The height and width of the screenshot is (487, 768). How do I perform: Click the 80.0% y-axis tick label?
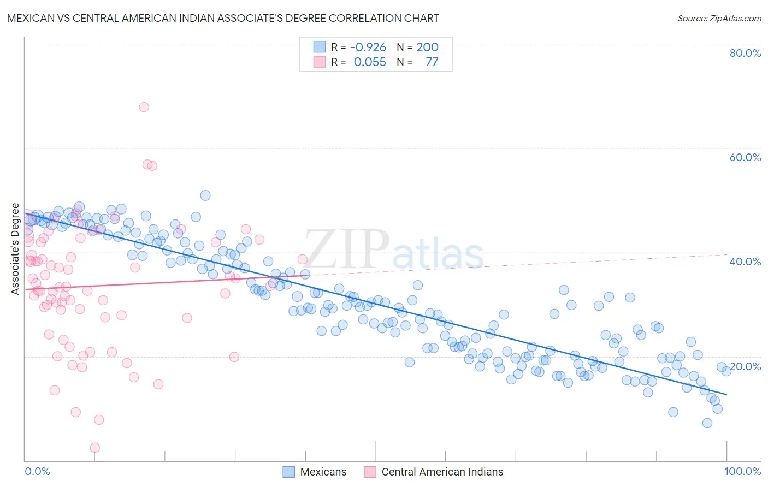point(745,53)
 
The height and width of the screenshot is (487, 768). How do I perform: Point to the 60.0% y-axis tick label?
point(745,157)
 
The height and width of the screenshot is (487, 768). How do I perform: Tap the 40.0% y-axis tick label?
point(745,262)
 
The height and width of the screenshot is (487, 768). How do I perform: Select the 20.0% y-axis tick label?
point(745,366)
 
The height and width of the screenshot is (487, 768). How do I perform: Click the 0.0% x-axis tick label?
point(37,471)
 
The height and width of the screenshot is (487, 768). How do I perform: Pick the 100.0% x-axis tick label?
point(742,471)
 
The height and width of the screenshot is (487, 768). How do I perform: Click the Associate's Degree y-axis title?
point(15,249)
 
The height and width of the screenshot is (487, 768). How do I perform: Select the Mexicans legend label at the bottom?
point(323,472)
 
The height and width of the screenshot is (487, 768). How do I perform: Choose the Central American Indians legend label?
point(442,472)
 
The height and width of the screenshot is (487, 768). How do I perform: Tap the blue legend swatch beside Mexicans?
point(288,472)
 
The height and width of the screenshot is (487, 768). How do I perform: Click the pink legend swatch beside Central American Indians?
point(370,472)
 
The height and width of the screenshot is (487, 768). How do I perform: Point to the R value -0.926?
point(368,47)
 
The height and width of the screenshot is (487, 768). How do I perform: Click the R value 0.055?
point(370,62)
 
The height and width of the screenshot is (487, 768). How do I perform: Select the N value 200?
point(427,47)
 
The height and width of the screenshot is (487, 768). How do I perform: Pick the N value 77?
point(432,62)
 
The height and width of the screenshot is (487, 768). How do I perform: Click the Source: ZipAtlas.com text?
point(719,19)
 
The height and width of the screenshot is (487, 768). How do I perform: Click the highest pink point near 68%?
point(144,107)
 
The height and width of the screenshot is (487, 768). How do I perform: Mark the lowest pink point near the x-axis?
point(94,448)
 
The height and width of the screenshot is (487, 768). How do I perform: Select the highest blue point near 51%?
point(205,195)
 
